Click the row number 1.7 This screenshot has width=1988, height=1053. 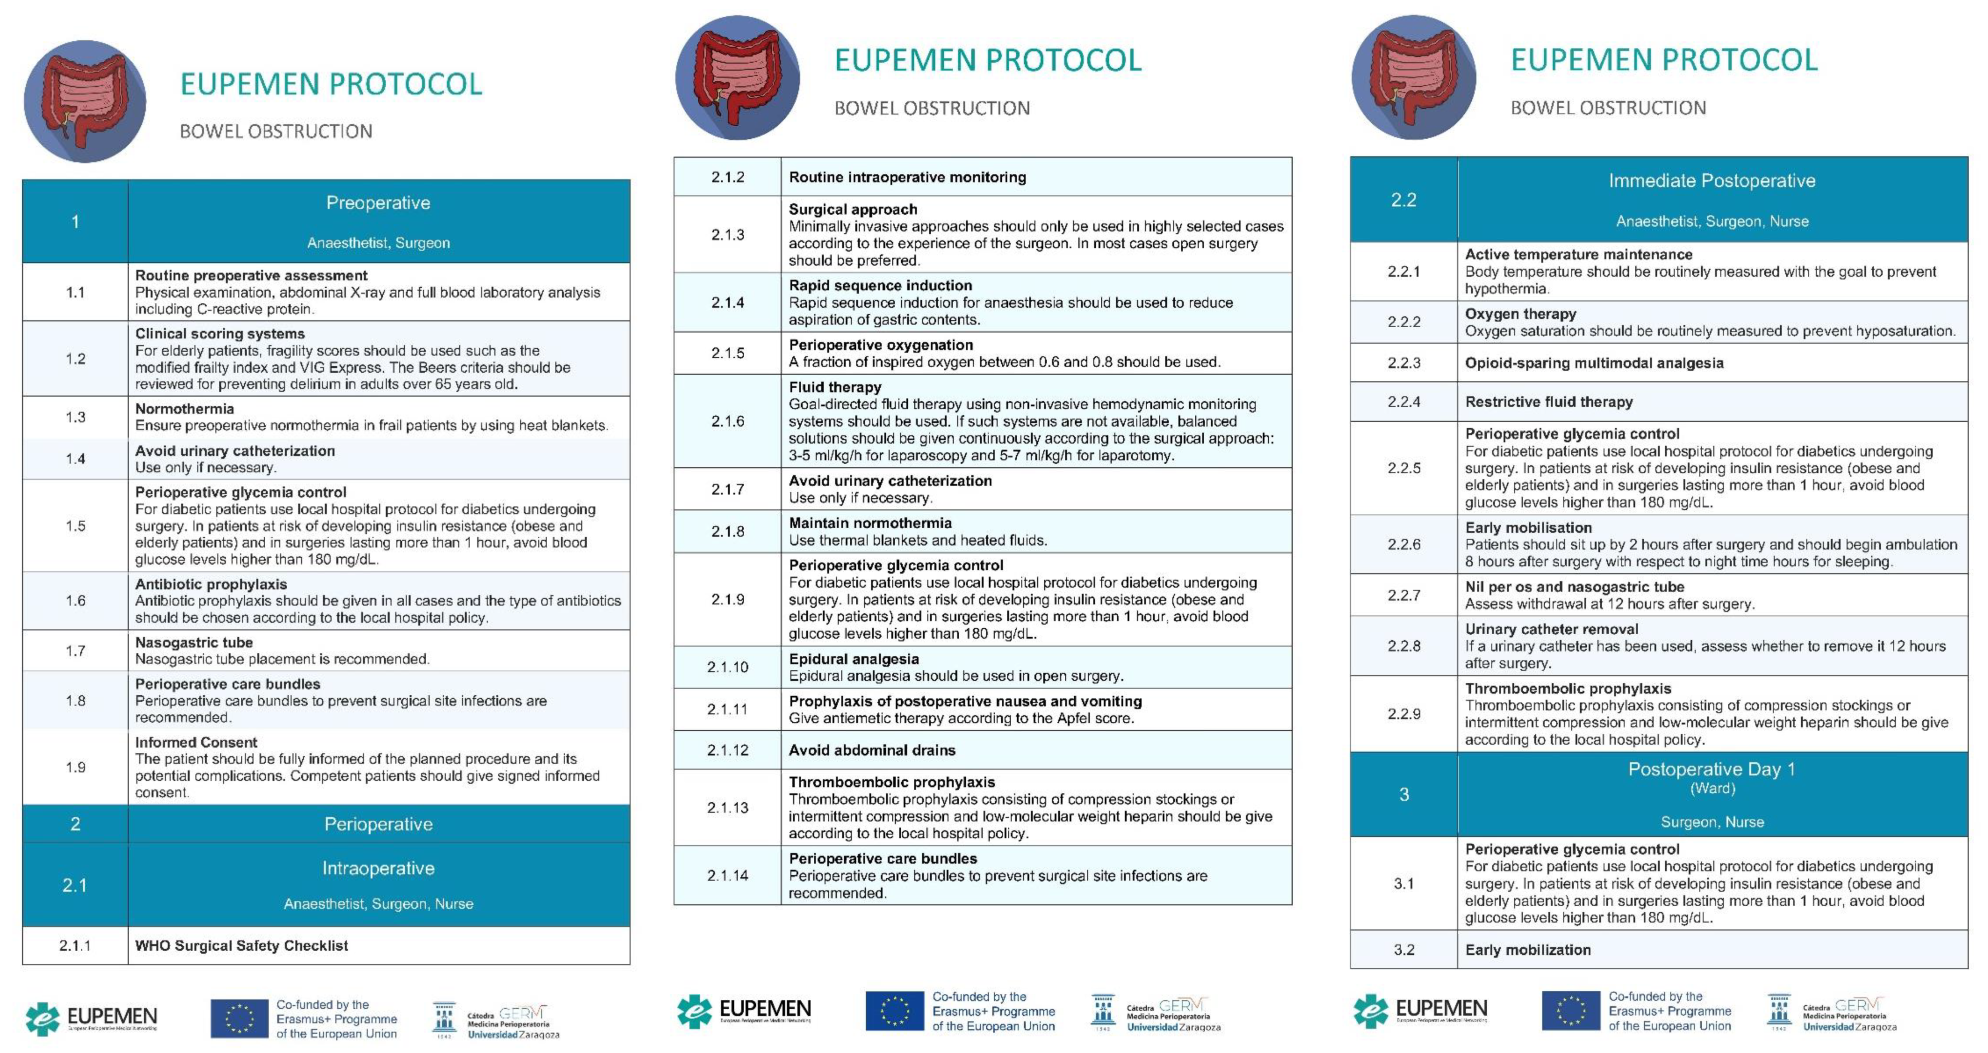coord(75,651)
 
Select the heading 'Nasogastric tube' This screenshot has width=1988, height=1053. coord(194,642)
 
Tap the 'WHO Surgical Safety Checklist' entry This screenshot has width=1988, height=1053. coord(242,946)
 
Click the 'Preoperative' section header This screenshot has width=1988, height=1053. coord(378,203)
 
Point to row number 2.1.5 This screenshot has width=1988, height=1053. coord(727,353)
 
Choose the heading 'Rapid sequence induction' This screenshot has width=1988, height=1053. coord(880,286)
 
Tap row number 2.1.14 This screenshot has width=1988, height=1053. coord(727,876)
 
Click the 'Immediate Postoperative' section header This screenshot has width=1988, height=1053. coord(1712,181)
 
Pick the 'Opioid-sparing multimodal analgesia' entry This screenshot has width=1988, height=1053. coord(1594,363)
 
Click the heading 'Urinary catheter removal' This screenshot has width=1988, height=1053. coord(1551,629)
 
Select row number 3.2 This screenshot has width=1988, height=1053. coord(1404,950)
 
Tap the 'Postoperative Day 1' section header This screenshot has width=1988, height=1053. coord(1712,770)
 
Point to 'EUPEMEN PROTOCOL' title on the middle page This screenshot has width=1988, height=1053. coord(988,60)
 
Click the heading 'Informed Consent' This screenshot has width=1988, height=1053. coord(196,743)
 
